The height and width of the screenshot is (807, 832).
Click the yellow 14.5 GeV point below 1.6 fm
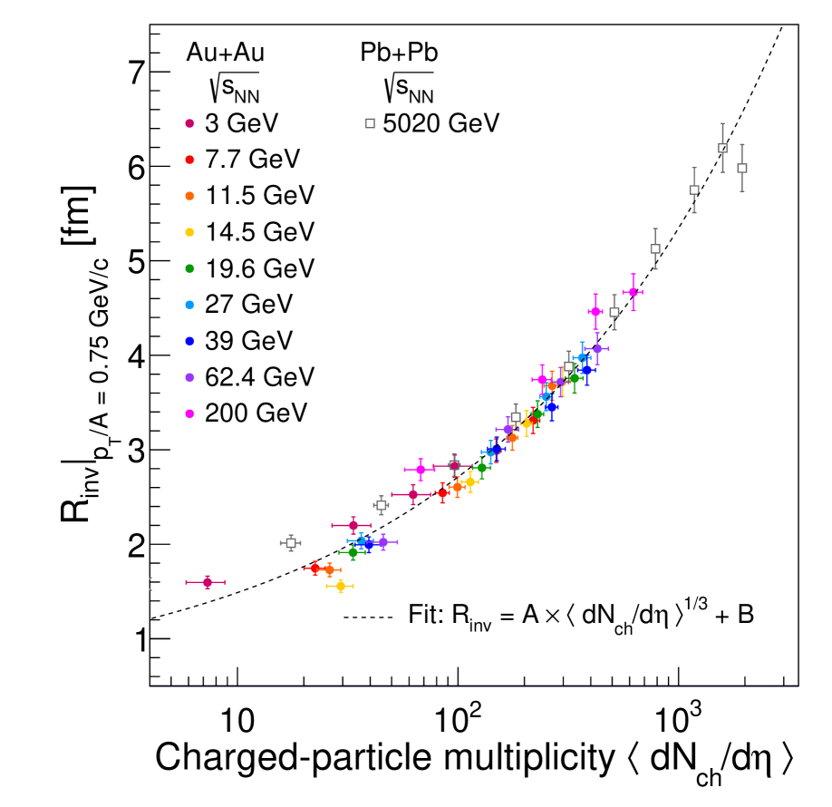[x=341, y=586]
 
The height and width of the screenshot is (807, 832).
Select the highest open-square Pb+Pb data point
[x=722, y=148]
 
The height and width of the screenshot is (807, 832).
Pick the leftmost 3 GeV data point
[x=207, y=582]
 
